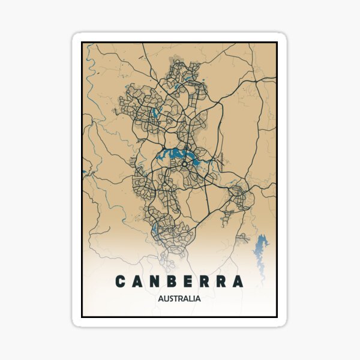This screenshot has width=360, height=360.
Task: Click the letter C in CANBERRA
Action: (120, 281)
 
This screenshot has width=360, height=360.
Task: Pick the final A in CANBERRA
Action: (238, 281)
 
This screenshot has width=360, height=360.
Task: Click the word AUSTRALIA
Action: (179, 298)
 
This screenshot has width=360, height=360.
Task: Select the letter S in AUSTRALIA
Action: (172, 298)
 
